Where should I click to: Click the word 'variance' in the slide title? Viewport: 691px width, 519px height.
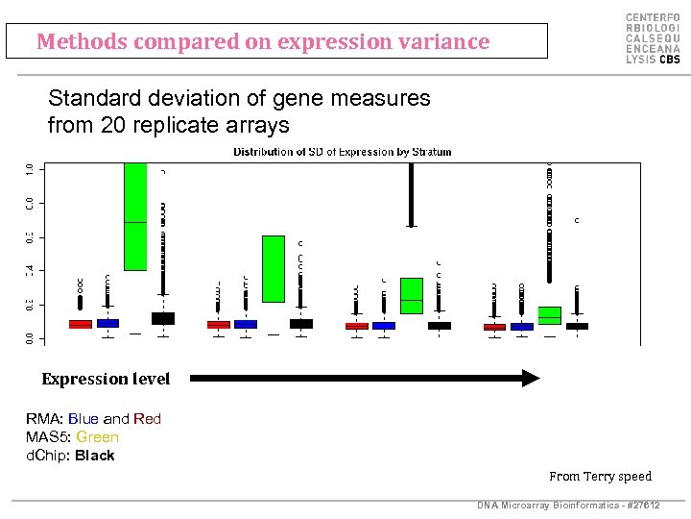pos(448,42)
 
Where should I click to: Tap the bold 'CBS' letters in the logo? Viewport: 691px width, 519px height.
pos(668,59)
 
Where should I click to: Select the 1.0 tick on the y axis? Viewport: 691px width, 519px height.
pos(31,169)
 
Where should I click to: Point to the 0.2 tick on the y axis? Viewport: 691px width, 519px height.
pos(31,304)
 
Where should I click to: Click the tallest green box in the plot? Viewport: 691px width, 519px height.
pos(135,216)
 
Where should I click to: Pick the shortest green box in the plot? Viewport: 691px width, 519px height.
pos(550,315)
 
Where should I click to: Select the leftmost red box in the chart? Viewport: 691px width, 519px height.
pos(81,325)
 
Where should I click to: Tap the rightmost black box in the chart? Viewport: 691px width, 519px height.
pos(577,327)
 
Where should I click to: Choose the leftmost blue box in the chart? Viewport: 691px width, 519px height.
pos(107,324)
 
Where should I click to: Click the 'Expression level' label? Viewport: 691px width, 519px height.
pos(106,379)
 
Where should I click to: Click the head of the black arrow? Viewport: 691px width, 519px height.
pos(531,379)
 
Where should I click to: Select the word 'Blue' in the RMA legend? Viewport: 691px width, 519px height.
pos(83,419)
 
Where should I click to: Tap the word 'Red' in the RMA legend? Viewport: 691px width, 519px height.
pos(148,419)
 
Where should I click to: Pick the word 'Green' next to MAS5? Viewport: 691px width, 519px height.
pos(98,437)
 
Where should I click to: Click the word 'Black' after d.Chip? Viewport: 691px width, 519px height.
pos(94,456)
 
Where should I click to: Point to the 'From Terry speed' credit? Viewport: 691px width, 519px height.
pos(600,476)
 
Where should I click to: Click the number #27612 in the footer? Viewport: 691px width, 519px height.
pos(641,506)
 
